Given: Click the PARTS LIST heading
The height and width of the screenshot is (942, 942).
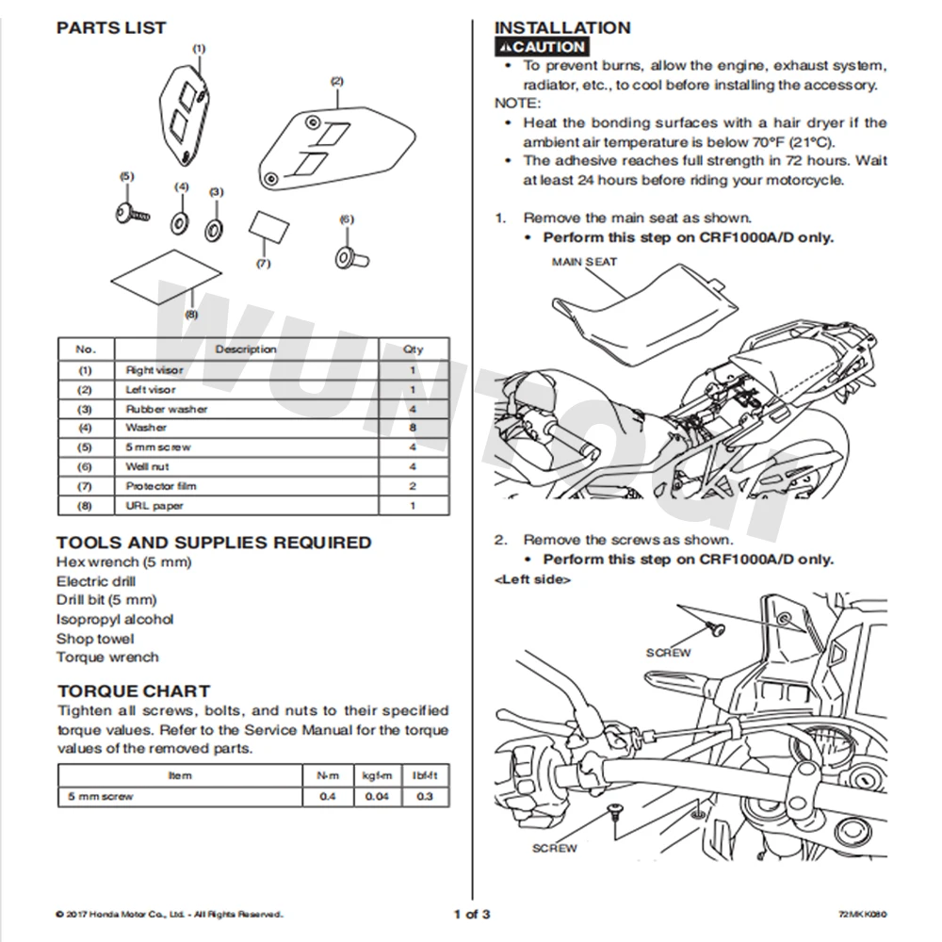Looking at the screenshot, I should coord(111,27).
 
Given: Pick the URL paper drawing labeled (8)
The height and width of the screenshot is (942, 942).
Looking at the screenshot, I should coord(165,276).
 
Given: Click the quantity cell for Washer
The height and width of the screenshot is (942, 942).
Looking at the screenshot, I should coord(413,428).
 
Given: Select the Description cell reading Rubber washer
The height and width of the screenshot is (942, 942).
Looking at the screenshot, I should coord(167,409).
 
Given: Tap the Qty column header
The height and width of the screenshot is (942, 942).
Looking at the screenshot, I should coord(413,349).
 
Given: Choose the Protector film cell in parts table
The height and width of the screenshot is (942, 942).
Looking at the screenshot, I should coord(161,486).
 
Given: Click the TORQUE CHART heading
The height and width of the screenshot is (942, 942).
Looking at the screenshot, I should coord(133,690).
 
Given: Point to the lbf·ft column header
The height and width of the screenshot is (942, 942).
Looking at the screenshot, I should coord(424,775).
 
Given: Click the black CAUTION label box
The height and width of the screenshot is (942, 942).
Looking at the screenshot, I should coord(542,47).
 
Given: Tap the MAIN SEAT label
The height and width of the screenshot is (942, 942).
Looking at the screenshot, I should coord(584,261).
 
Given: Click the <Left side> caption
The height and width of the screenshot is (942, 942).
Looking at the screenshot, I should coord(531,580).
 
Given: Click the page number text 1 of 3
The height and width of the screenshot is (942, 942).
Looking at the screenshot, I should coord(471,913).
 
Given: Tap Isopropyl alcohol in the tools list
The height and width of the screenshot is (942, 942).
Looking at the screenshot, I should coord(115,619).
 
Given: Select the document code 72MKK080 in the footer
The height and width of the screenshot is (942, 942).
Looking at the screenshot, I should coord(863,914).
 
